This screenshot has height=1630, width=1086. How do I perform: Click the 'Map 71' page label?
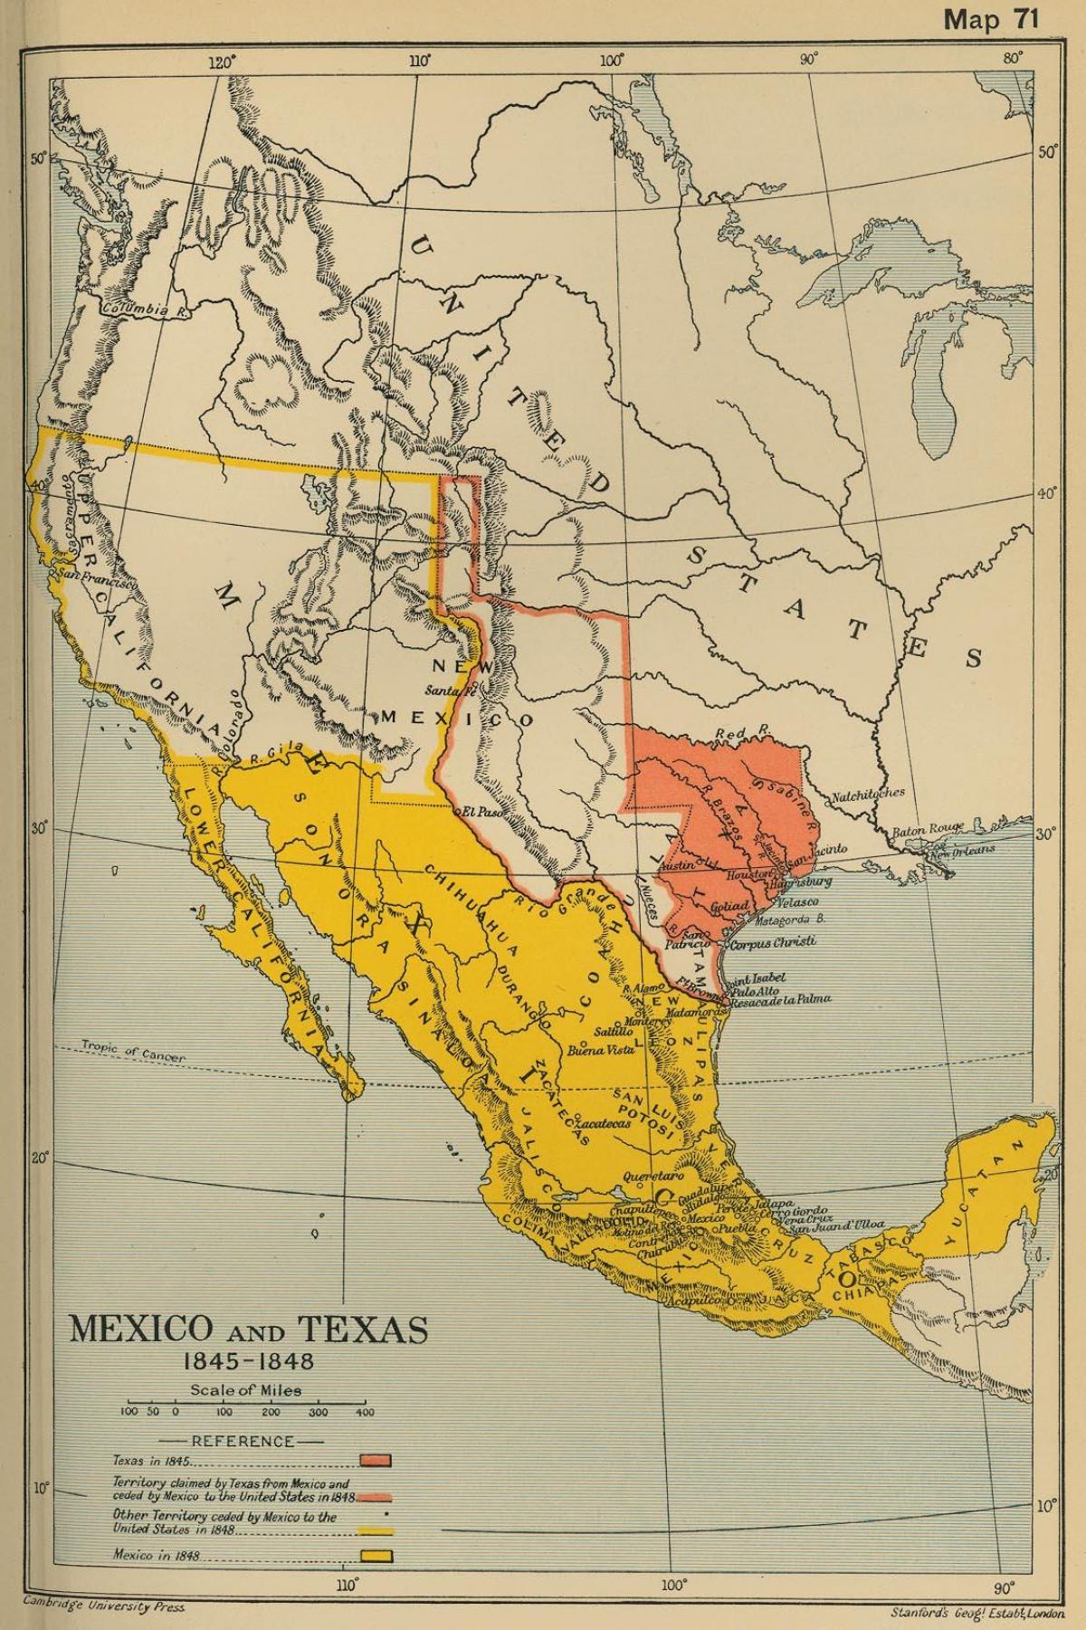pos(990,20)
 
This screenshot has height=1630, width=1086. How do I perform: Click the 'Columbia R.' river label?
pos(135,310)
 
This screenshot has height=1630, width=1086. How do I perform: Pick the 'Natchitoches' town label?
pos(868,793)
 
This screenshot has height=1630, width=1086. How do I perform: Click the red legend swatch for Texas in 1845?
pos(376,1460)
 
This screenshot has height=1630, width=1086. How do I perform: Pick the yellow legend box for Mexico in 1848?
pos(374,1557)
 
